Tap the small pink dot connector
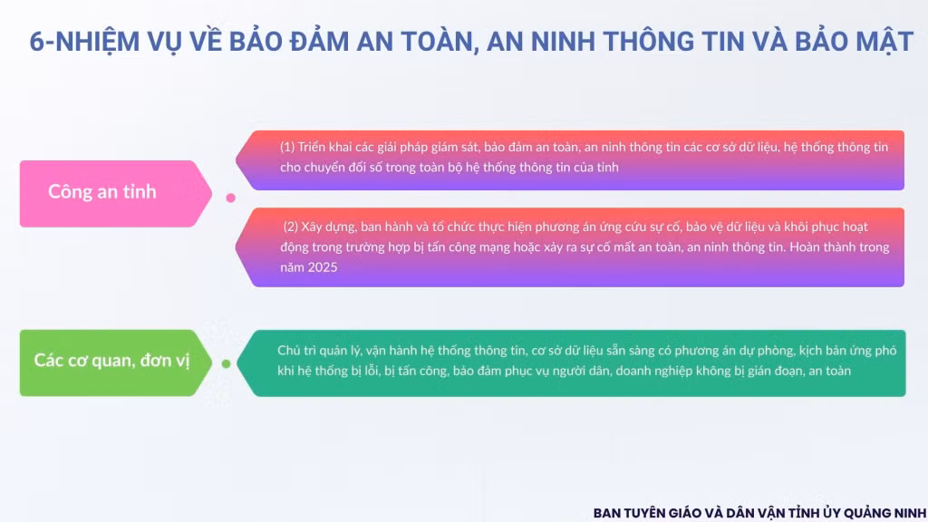(231, 198)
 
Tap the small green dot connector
(226, 363)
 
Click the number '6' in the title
(36, 42)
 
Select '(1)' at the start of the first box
(287, 147)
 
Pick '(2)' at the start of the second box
(290, 227)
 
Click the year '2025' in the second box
(323, 267)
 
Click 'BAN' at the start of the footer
(606, 513)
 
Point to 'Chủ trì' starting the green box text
(297, 351)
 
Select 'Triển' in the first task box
(312, 147)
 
